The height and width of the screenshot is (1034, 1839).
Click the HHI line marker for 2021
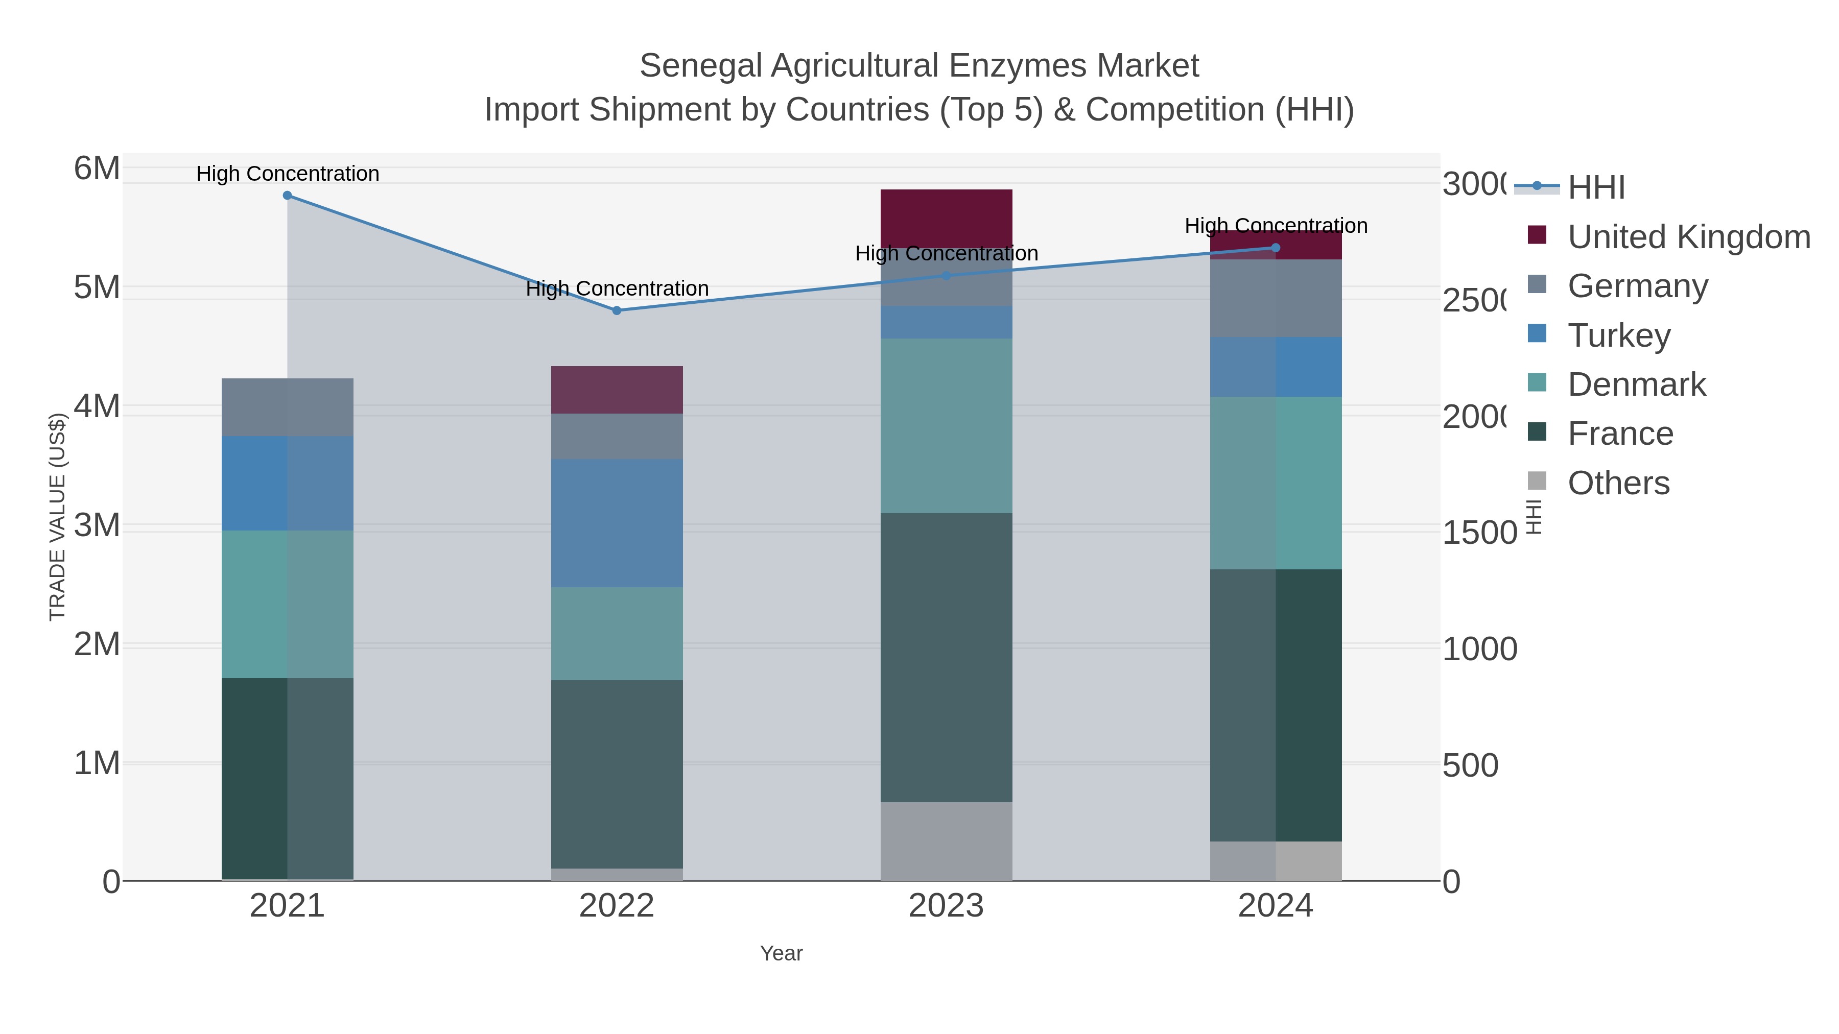point(288,196)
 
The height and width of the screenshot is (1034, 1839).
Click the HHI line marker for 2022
point(617,310)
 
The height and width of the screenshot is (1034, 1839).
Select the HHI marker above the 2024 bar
point(1276,248)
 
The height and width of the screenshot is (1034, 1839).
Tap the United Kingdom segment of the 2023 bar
point(946,218)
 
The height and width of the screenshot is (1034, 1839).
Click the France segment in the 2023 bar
point(946,657)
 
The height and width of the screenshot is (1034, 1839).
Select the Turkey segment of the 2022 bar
point(617,523)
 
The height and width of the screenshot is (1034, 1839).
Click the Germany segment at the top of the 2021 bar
point(288,407)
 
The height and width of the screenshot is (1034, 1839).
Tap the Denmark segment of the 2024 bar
point(1276,483)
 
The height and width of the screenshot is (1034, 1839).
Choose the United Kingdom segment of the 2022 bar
point(617,390)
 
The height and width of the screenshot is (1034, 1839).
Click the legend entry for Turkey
point(1618,335)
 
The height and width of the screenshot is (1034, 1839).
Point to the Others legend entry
point(1618,483)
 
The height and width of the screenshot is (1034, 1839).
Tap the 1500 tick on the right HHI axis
point(1479,533)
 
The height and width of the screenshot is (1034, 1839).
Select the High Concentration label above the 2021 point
point(288,174)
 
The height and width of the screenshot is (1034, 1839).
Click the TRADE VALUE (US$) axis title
point(57,517)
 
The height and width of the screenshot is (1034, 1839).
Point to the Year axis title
point(781,953)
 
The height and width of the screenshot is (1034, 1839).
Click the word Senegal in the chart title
point(700,66)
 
